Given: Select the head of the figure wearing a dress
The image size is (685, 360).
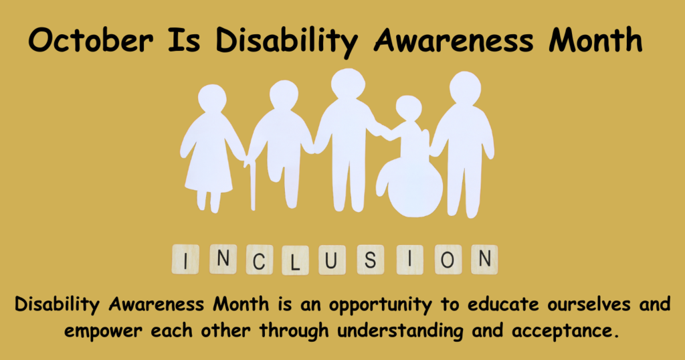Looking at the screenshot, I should [212, 98].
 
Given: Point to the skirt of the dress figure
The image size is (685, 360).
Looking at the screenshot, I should [209, 171].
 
